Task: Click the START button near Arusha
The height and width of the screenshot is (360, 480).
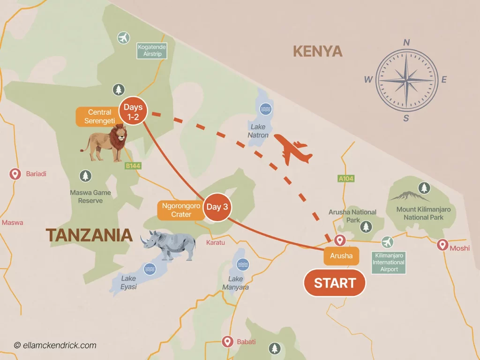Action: tap(334, 283)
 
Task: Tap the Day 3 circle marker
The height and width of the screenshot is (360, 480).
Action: tap(217, 207)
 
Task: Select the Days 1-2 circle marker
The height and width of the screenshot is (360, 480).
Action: tap(133, 111)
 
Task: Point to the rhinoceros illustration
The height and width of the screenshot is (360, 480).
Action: tap(168, 244)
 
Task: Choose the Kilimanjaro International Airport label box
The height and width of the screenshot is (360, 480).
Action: tap(388, 263)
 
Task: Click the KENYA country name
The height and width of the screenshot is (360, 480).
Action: tap(318, 51)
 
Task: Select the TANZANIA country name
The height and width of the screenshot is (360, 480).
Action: tap(89, 235)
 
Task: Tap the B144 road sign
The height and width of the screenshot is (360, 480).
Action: tap(133, 165)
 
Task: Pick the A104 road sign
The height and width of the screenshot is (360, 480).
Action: tap(346, 178)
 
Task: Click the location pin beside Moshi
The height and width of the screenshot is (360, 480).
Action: tap(442, 244)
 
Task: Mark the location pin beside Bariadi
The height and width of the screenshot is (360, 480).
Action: tap(15, 174)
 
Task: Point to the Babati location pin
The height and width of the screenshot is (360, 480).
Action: tap(228, 341)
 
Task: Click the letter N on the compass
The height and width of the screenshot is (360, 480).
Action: tap(406, 43)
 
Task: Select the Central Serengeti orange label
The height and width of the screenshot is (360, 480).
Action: tap(99, 116)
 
